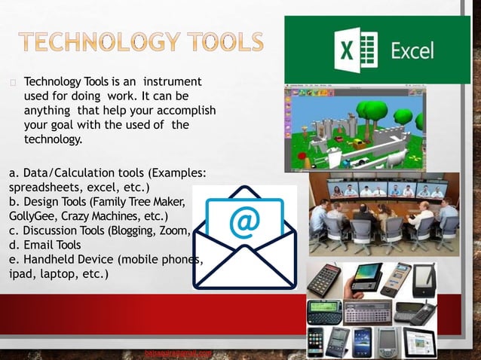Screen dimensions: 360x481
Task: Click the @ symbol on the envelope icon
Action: [244, 222]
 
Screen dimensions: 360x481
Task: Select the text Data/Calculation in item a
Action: [69, 172]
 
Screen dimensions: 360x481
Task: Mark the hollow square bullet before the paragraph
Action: [13, 81]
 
